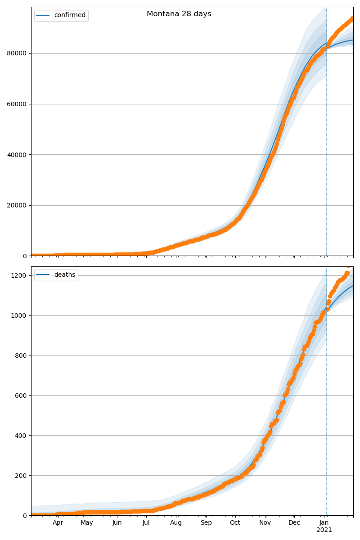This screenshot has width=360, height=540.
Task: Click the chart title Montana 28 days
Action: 179,14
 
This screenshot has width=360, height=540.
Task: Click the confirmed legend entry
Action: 69,15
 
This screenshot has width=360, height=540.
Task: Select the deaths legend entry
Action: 64,275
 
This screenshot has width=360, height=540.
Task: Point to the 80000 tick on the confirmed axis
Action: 18,53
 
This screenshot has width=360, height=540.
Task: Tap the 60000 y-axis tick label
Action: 18,104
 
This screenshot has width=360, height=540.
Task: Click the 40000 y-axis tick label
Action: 18,155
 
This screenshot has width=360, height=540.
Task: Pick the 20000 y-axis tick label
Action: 18,205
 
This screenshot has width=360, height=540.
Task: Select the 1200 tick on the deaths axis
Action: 20,275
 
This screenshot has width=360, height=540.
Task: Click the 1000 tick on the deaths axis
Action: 20,315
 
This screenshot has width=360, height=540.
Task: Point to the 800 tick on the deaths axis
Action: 22,355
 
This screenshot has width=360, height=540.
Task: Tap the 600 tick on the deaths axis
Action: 22,396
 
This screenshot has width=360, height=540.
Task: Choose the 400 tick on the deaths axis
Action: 22,436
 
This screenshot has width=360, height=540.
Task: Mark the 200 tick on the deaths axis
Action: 22,476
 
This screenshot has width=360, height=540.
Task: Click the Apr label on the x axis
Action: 58,523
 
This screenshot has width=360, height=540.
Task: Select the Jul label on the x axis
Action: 146,523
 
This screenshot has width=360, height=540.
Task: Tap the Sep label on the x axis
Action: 206,523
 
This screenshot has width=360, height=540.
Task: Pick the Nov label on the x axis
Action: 265,523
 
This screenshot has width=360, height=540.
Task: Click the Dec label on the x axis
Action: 294,523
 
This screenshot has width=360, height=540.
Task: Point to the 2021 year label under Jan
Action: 324,530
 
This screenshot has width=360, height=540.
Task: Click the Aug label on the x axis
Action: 176,523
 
